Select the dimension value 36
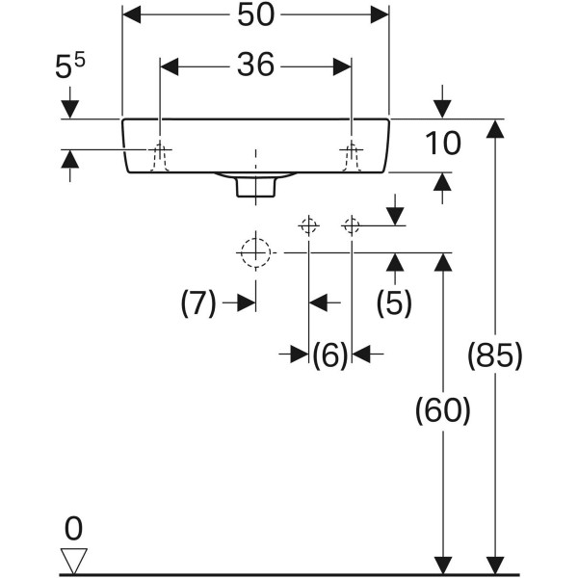click(254, 66)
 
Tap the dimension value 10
click(443, 144)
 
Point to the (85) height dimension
click(494, 355)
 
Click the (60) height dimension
click(442, 411)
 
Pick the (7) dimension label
click(198, 303)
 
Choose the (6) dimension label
click(329, 355)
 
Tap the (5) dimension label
click(393, 302)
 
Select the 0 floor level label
click(74, 527)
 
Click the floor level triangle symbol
click(74, 559)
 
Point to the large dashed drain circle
click(254, 252)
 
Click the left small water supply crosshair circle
click(308, 226)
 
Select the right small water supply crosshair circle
click(352, 226)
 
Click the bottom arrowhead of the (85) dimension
click(494, 565)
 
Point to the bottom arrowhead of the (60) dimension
click(442, 565)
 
